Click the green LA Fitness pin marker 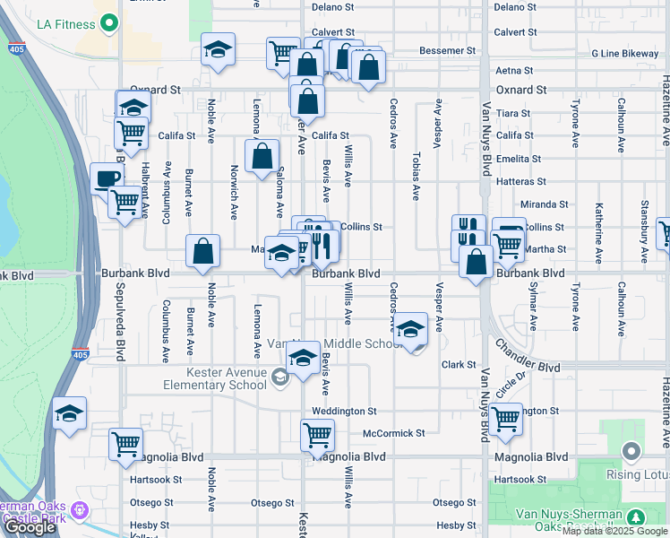pos(109,22)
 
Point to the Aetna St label pos(514,70)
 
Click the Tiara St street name pos(513,114)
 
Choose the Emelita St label pos(519,159)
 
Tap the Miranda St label pos(544,204)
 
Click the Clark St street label pos(458,365)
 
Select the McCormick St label pos(393,433)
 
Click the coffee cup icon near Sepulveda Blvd pos(107,177)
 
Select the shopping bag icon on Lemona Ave pos(262,155)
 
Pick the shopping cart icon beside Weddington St pos(506,417)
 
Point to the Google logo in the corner pos(30,527)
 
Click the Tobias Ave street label pos(416,175)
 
